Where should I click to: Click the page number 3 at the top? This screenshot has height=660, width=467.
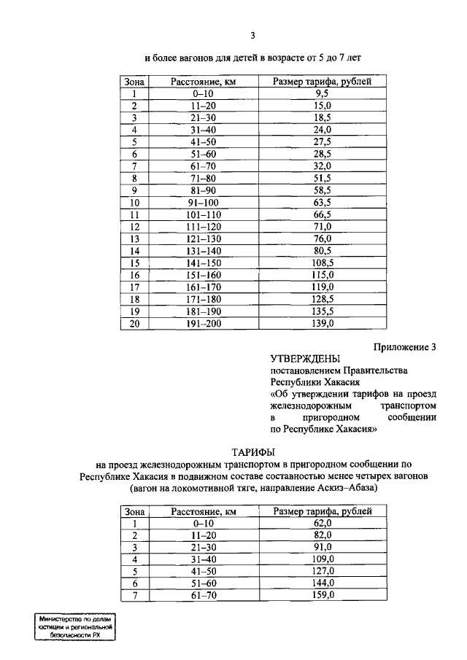[252, 34]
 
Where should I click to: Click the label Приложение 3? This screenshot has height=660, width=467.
[401, 347]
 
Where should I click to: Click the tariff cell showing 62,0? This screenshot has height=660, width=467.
[323, 523]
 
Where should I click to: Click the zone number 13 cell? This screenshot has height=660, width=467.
[134, 238]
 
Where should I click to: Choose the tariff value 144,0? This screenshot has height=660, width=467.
[323, 583]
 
